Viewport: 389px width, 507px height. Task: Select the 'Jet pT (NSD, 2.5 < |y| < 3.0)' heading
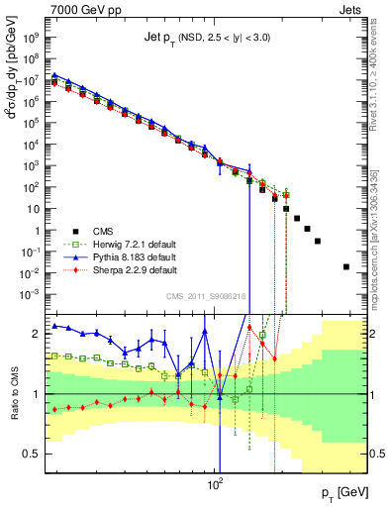(212, 37)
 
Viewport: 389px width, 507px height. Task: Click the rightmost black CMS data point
(346, 266)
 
